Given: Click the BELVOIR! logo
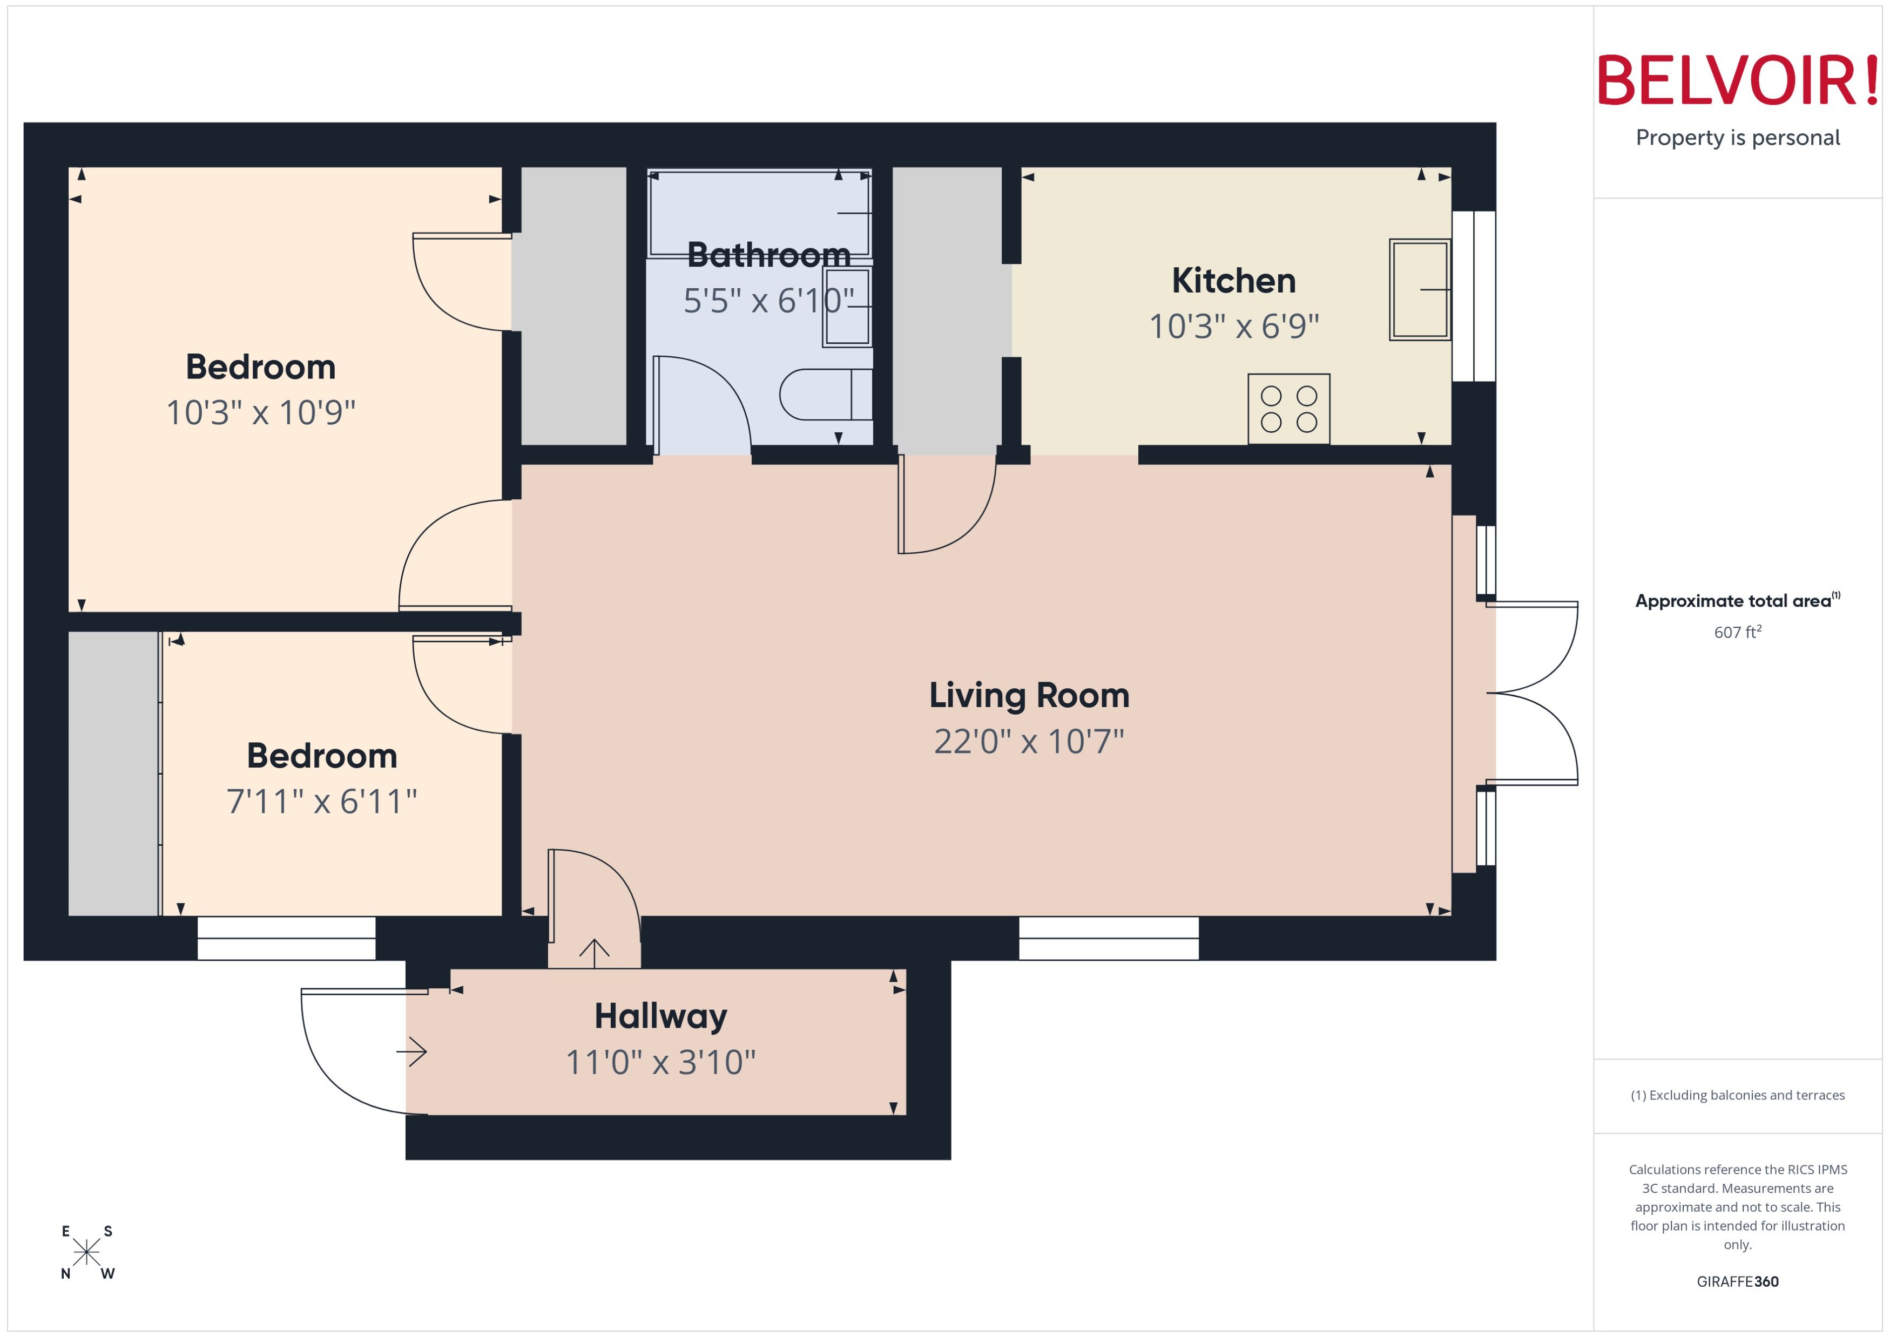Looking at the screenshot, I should tap(1738, 80).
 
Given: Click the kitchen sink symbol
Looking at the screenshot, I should tap(1419, 290).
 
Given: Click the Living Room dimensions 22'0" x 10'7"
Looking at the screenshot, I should tap(1029, 742).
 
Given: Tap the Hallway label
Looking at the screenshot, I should tap(660, 1016).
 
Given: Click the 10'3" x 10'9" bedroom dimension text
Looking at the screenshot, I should tap(260, 412).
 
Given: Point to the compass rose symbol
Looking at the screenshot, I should tap(86, 1252).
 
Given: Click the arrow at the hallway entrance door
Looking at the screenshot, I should tap(412, 1051).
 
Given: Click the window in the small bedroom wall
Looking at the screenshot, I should tap(286, 939).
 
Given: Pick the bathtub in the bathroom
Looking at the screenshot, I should tap(759, 214).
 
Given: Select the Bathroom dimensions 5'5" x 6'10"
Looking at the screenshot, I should tap(767, 301).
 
